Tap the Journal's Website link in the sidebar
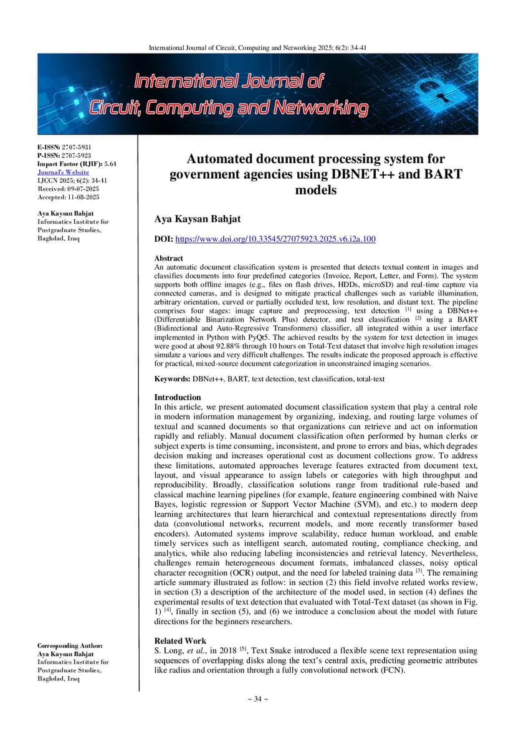(63, 172)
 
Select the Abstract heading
(168, 258)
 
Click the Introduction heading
(178, 397)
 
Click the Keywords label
(172, 379)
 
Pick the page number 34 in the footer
(257, 699)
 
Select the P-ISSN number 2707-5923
(76, 155)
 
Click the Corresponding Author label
(70, 646)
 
